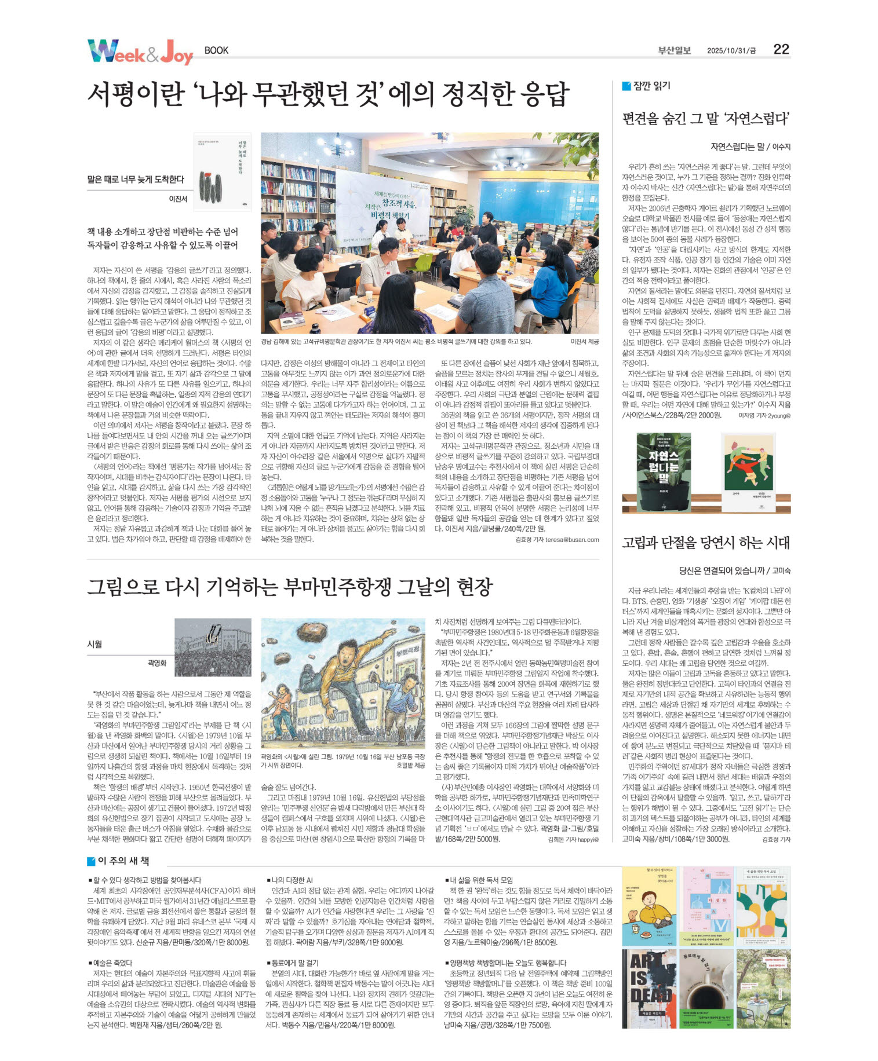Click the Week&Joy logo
(x=140, y=52)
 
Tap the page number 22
(x=781, y=49)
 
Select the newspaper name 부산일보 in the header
(x=674, y=50)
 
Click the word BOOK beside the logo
(x=216, y=50)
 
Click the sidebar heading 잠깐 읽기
(x=651, y=86)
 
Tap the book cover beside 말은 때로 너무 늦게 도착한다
(x=222, y=171)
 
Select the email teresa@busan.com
(x=571, y=539)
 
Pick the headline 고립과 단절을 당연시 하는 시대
(x=705, y=543)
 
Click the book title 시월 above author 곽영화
(x=94, y=644)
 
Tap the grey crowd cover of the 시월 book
(x=213, y=647)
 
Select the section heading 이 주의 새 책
(x=122, y=861)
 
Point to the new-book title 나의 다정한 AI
(x=292, y=880)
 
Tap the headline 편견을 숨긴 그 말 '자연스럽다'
(x=705, y=119)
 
